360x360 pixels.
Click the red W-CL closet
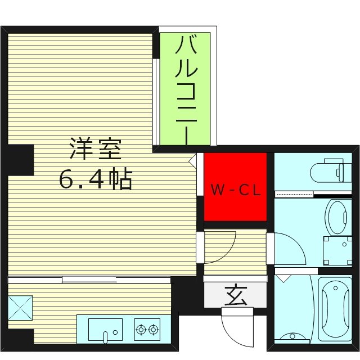click(235, 187)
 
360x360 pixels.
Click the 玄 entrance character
click(236, 295)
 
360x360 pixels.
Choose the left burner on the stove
click(140, 328)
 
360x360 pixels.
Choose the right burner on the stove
click(152, 328)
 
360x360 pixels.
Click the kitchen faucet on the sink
click(105, 336)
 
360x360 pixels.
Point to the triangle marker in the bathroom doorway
click(282, 278)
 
